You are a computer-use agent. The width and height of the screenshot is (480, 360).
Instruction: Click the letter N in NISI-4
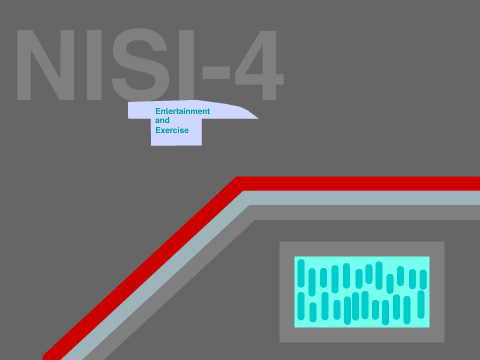coord(45,65)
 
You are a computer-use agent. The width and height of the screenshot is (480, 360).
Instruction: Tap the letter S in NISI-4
coord(140,65)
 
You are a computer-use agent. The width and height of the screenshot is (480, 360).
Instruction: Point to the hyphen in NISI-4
coord(216,74)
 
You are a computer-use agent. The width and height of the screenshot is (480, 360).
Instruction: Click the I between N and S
coord(94,65)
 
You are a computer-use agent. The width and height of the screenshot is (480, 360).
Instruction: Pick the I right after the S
coord(187,65)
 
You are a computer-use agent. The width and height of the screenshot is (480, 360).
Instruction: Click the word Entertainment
coord(183,111)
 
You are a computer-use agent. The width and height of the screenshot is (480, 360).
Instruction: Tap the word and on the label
coord(162,120)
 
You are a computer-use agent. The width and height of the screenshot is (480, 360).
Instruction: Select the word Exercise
coord(172,130)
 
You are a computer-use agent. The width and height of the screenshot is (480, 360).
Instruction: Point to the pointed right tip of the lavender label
coord(258,118)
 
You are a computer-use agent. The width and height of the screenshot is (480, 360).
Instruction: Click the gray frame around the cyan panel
coord(287,292)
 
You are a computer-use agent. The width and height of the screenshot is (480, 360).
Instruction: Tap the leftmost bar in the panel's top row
coord(301,273)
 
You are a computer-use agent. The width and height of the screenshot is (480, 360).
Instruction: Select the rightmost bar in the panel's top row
coord(423,279)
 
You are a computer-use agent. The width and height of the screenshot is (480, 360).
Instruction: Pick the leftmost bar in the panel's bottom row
coord(301,306)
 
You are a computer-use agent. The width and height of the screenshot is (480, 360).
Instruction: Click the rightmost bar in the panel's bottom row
coord(421,305)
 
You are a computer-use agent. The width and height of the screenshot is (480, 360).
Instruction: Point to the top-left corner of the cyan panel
coord(294,256)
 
